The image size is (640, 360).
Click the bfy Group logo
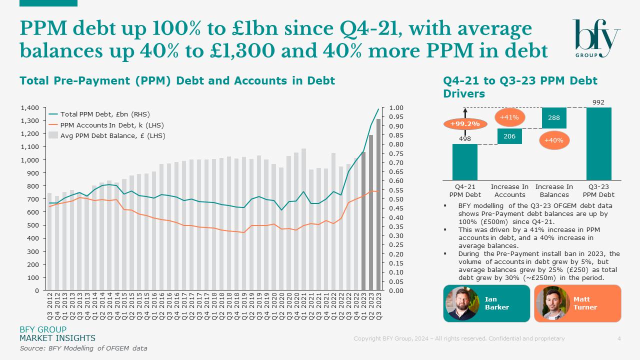596,39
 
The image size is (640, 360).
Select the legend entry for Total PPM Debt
105,114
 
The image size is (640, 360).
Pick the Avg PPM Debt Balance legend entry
112,135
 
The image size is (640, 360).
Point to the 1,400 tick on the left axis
29,108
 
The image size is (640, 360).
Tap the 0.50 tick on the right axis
396,199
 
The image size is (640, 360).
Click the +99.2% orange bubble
465,123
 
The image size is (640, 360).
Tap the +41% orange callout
509,117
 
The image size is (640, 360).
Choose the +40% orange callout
554,140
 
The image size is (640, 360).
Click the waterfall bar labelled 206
509,136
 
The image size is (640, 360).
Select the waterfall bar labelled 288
554,118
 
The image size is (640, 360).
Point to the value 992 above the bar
598,102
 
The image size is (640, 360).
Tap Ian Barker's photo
462,303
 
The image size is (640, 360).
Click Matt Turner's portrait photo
552,303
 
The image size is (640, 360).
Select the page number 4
619,338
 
